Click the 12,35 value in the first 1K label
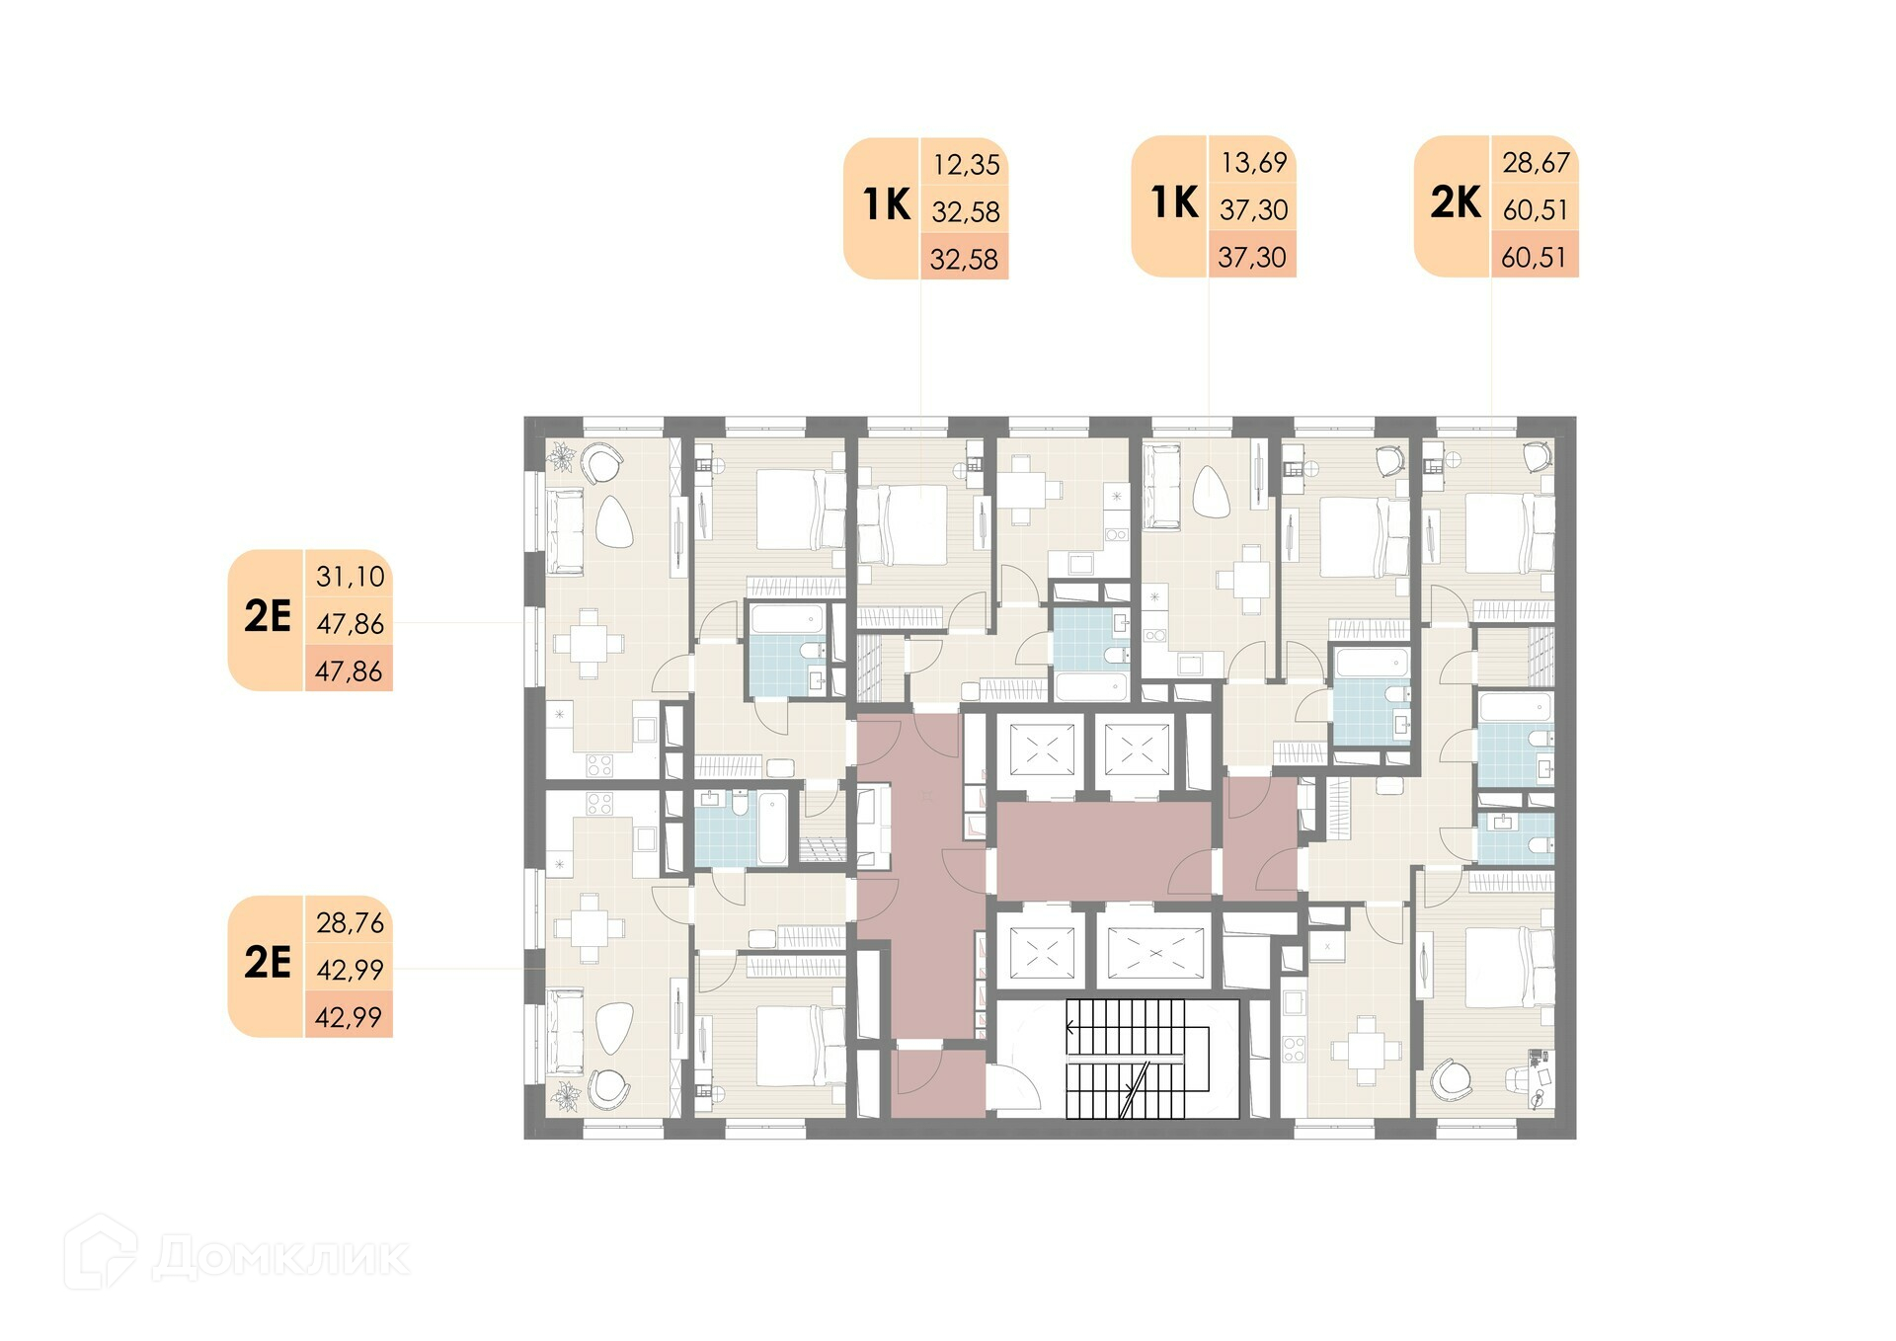pos(966,164)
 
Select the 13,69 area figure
pos(1253,162)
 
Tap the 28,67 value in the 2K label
pos(1536,162)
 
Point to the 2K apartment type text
pos(1456,202)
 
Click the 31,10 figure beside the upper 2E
pos(350,576)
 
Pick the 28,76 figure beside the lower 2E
pos(350,922)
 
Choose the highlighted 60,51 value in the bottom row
pos(1534,257)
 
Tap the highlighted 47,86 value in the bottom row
pos(349,670)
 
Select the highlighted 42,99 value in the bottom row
pos(349,1016)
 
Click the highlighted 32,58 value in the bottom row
pos(964,259)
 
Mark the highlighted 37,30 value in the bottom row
pos(1251,257)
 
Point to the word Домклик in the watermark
pos(281,1257)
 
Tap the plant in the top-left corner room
pos(564,458)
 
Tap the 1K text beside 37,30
pos(1174,202)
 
